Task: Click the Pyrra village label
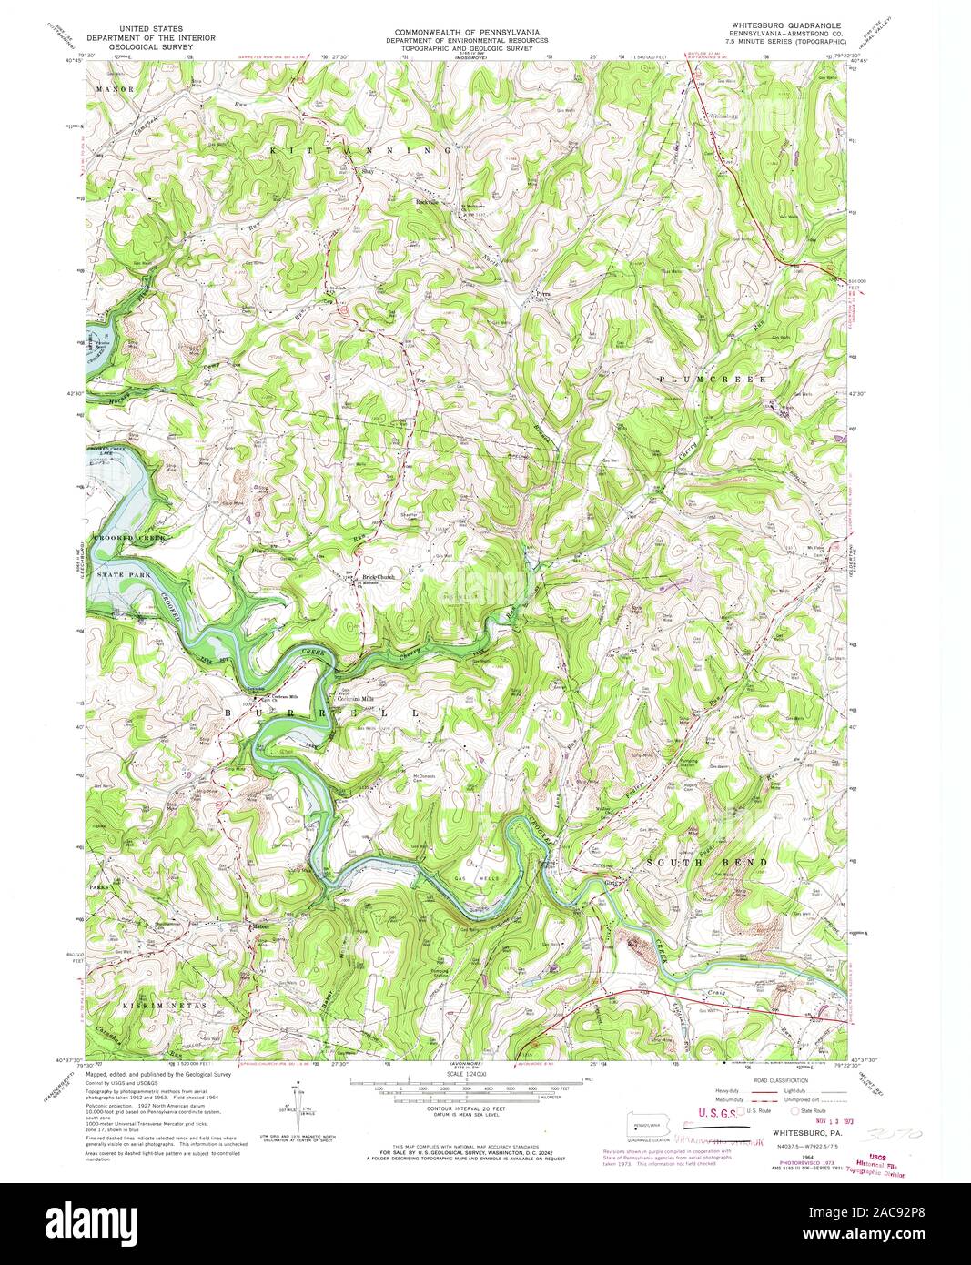pos(542,295)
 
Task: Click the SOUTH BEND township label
pos(719,861)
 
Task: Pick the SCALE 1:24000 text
pos(465,1074)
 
